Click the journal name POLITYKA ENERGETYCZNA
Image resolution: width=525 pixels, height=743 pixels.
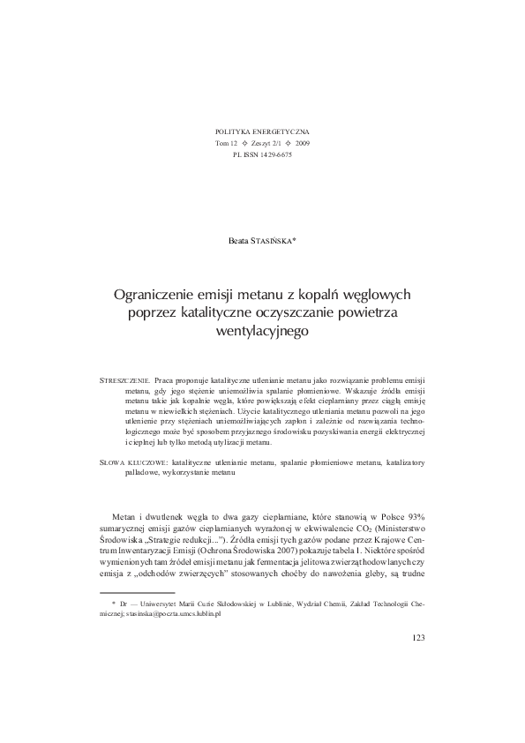click(262, 131)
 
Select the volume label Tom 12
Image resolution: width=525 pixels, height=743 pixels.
click(227, 142)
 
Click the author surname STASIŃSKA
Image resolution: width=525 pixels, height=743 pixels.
click(276, 239)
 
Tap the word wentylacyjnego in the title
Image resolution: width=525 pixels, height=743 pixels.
click(262, 331)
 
